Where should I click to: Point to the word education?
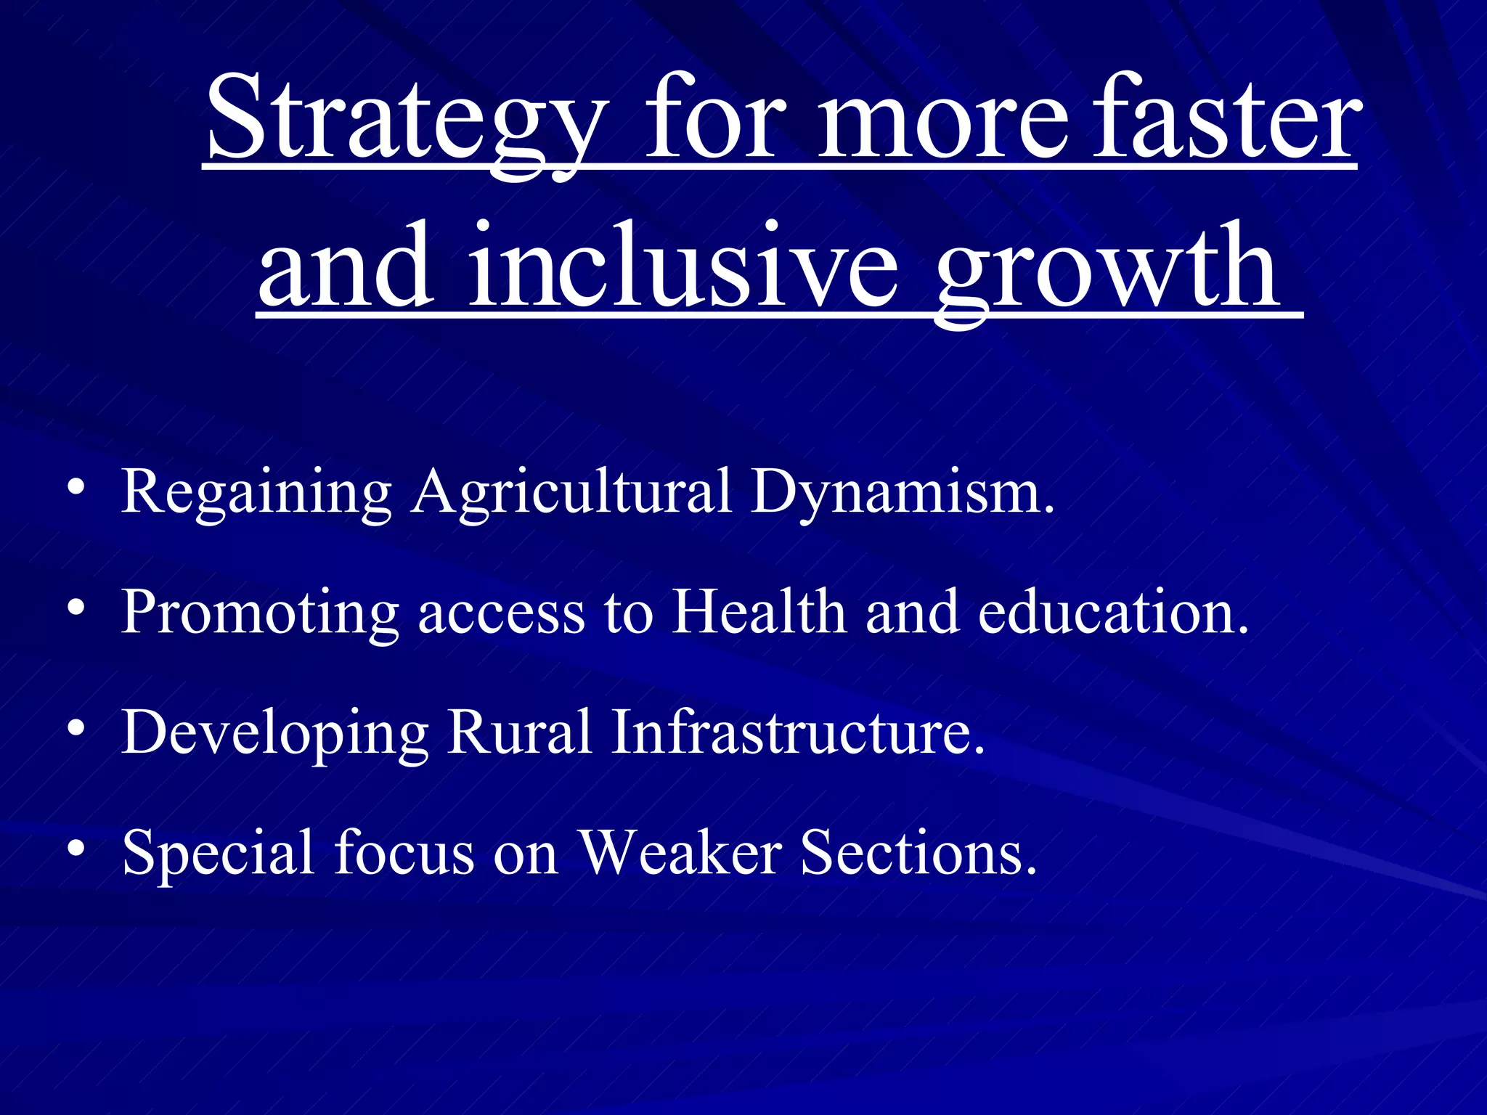(1112, 612)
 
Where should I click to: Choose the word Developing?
(275, 734)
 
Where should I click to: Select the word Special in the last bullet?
(219, 854)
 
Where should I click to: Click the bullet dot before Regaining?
(76, 489)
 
